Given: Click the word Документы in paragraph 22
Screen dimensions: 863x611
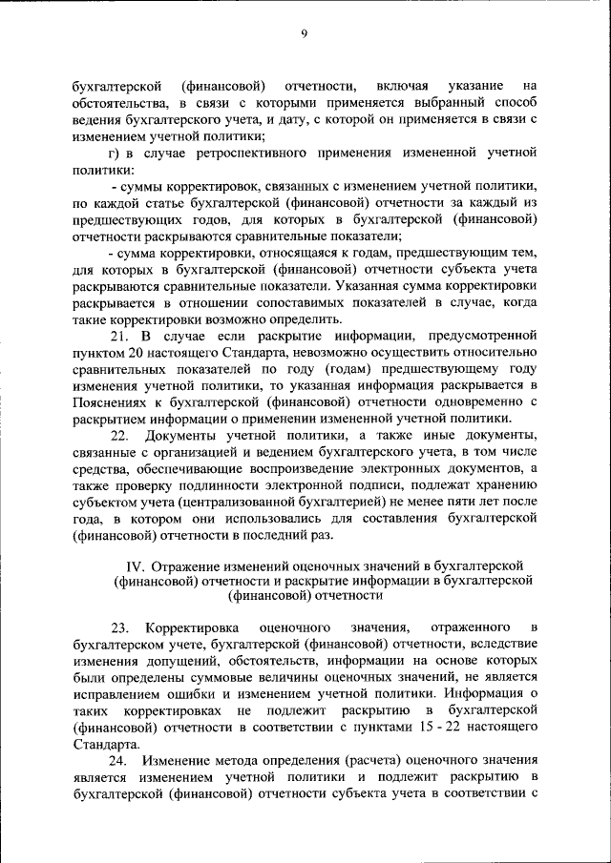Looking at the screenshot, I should (x=191, y=436).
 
